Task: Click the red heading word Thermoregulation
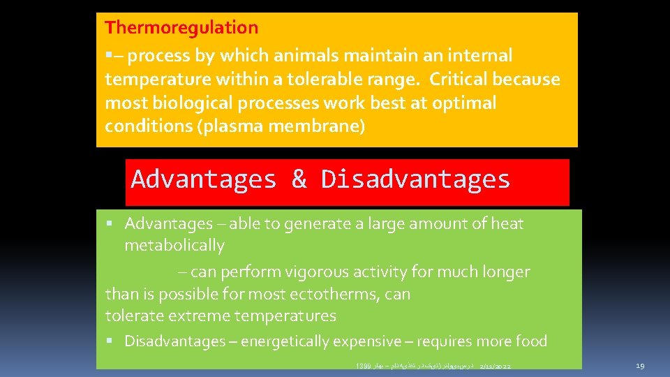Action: [x=181, y=28]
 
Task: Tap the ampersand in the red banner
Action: [x=299, y=179]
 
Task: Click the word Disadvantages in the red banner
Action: [x=415, y=179]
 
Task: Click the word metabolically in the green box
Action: [x=174, y=246]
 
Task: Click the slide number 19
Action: [x=641, y=366]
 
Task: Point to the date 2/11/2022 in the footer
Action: [x=500, y=366]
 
